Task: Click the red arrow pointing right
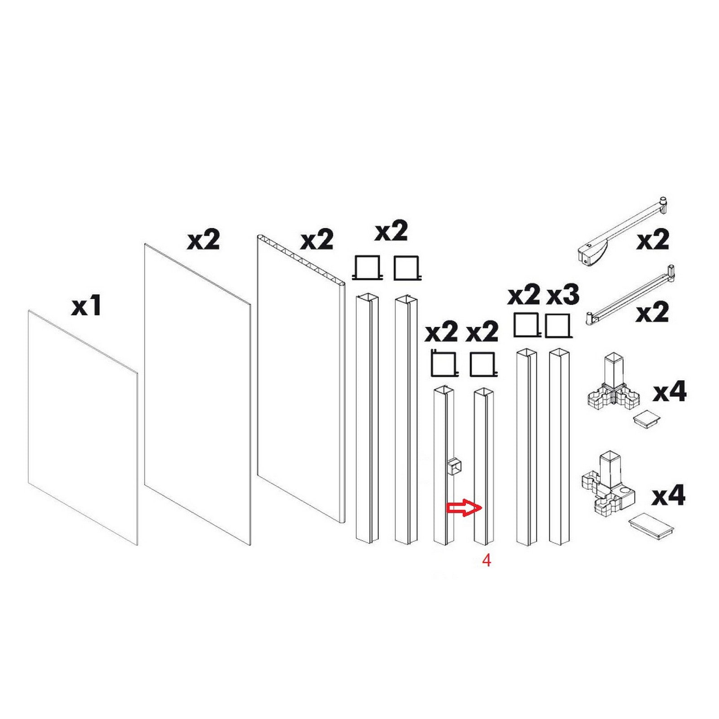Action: coord(464,508)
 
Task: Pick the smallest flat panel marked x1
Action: coord(83,427)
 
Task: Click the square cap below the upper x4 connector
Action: coord(647,419)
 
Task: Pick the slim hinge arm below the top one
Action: coord(631,295)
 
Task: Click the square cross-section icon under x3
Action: coord(558,326)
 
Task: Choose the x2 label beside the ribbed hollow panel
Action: coord(317,240)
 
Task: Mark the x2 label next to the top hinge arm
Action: coord(652,240)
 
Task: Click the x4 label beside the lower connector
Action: coord(669,496)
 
